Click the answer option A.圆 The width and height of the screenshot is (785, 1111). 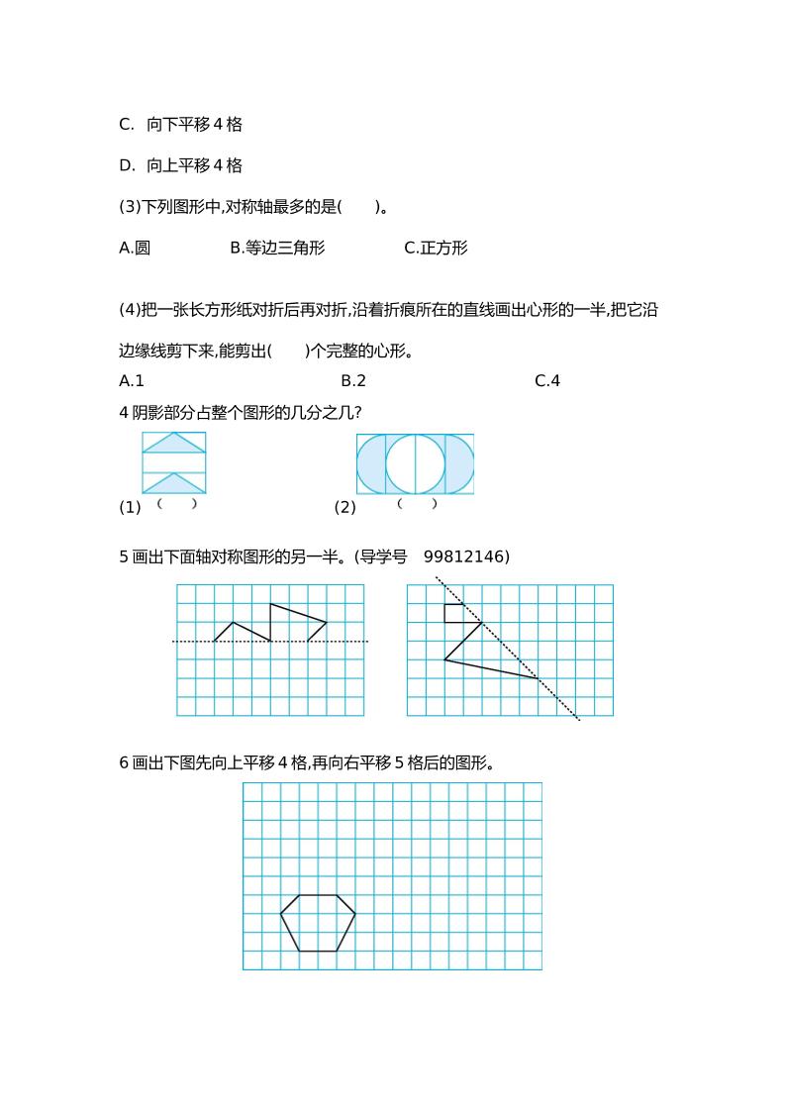click(x=135, y=248)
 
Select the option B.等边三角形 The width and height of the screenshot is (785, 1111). click(x=277, y=248)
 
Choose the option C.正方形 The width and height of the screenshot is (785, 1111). click(x=436, y=248)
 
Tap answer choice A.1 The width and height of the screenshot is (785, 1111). click(x=132, y=381)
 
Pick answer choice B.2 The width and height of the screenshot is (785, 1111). click(x=353, y=381)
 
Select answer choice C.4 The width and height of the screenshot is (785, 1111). click(x=547, y=381)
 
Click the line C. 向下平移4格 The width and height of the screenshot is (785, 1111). click(x=180, y=125)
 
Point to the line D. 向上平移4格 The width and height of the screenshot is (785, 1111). click(x=180, y=165)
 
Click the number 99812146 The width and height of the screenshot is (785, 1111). click(x=466, y=557)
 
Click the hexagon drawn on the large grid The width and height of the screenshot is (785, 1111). click(x=318, y=923)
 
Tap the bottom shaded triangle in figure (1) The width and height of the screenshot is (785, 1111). click(x=174, y=484)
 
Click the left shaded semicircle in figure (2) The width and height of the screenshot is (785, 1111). click(x=370, y=463)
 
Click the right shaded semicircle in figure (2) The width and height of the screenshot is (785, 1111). click(x=459, y=463)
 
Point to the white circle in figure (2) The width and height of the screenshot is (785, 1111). click(x=415, y=463)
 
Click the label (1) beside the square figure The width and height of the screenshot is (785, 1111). click(x=130, y=508)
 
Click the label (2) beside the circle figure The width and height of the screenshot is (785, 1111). click(x=344, y=508)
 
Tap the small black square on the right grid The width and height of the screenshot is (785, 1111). click(x=453, y=613)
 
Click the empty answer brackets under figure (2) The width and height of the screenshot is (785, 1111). click(x=417, y=504)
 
